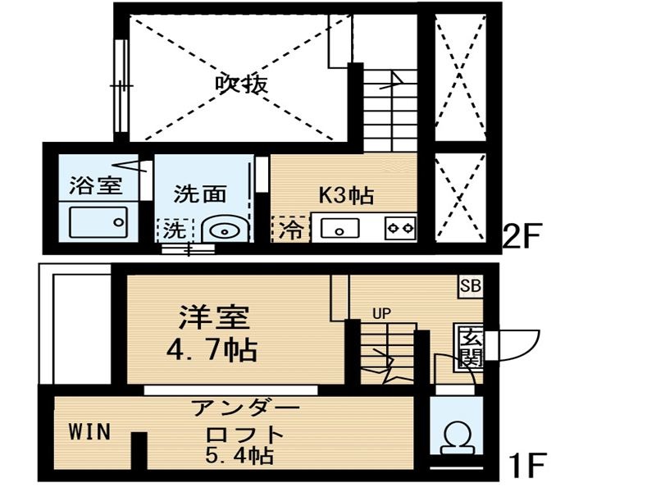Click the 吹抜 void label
pos(241,85)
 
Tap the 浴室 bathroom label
pos(96,185)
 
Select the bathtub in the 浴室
pos(98,222)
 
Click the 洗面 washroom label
pos(200,194)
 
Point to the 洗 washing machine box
pos(175,230)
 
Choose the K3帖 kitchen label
pos(346,195)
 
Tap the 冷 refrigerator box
pos(291,229)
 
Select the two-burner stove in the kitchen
pos(400,228)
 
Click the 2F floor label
pos(522,236)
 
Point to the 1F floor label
pos(527,466)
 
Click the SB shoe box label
pos(471,286)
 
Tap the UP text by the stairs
pos(381,314)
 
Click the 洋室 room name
pos(214,317)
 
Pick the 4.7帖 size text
pos(212,350)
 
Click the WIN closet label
pos(89,431)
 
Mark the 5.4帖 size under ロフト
pos(239,455)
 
